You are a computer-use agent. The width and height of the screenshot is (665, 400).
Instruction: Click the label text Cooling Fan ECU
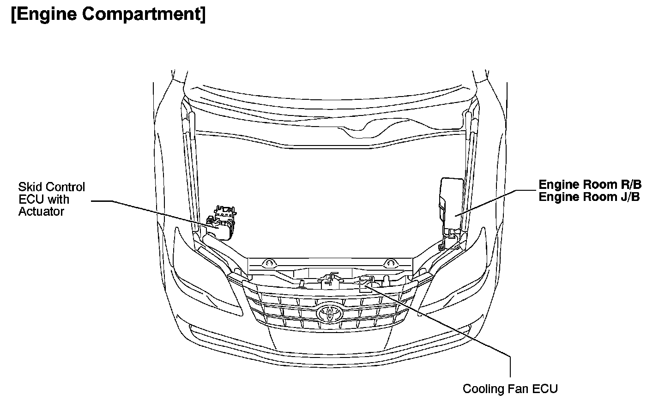coord(510,388)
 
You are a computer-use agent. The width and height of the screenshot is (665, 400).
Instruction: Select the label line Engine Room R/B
coord(590,185)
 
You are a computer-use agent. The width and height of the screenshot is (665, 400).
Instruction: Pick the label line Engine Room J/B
coord(589,197)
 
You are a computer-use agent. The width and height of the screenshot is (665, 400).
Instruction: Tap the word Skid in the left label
coord(27,187)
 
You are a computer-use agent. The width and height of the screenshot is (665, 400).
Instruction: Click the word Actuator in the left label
coord(41,212)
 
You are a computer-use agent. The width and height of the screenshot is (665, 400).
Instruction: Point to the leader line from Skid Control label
coord(152,212)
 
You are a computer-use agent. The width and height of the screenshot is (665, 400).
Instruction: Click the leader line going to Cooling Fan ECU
coord(443,323)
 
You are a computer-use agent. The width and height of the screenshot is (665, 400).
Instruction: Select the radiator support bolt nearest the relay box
coord(389,264)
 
